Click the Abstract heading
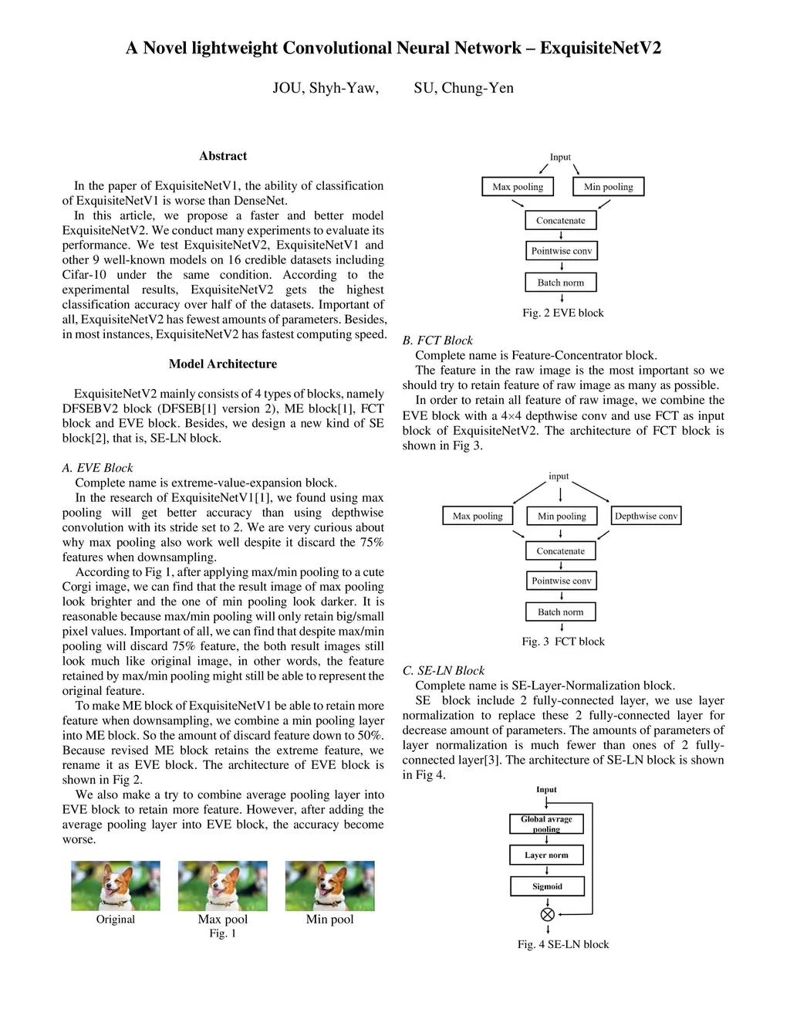(x=223, y=156)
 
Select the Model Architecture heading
(x=223, y=364)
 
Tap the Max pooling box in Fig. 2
(x=518, y=187)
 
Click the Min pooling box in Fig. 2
(x=608, y=187)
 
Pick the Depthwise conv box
(x=646, y=516)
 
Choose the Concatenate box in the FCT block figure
(x=561, y=551)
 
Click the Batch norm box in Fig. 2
(x=561, y=283)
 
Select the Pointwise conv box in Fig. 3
(x=561, y=581)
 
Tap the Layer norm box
(x=546, y=855)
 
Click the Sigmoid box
(x=547, y=886)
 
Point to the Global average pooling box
(x=546, y=824)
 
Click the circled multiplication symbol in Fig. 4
(x=548, y=915)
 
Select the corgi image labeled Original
(x=116, y=886)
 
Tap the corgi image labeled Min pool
(x=329, y=886)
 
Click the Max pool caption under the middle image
(x=223, y=919)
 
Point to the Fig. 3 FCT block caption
(x=563, y=642)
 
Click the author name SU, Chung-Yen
(x=464, y=88)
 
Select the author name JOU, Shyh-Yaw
(x=326, y=88)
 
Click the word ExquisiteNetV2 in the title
(x=600, y=48)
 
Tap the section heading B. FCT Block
(x=437, y=340)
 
